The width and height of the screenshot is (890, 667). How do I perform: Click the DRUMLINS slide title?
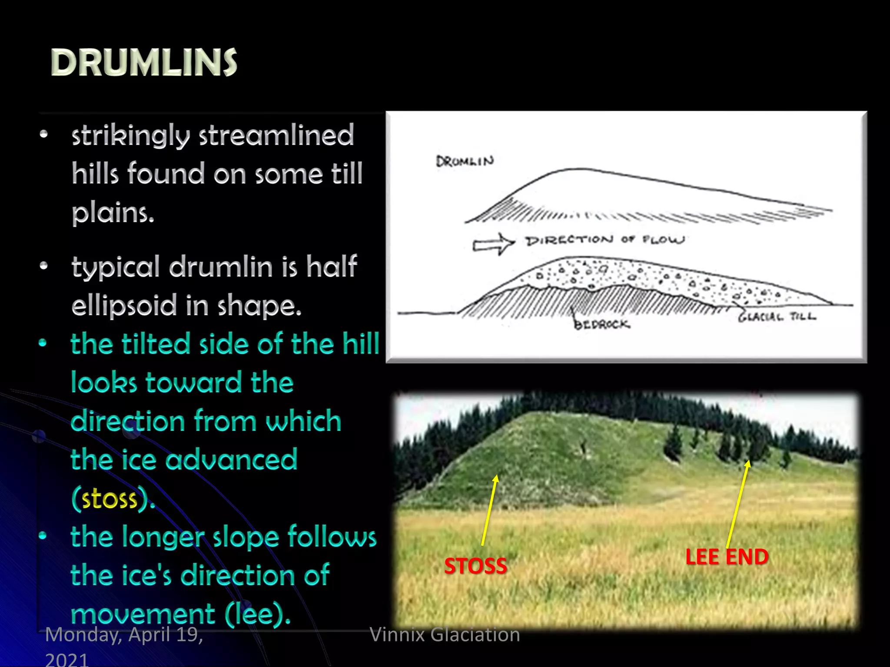pyautogui.click(x=144, y=63)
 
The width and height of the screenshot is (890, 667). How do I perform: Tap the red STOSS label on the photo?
pyautogui.click(x=475, y=566)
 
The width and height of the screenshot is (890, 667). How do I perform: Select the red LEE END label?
pyautogui.click(x=727, y=557)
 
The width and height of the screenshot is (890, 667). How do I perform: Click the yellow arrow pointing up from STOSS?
pyautogui.click(x=489, y=510)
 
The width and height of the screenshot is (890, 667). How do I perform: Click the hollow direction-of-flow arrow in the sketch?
pyautogui.click(x=494, y=244)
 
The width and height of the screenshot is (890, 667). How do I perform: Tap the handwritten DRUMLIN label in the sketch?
pyautogui.click(x=465, y=162)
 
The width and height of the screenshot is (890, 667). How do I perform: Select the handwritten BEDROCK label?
pyautogui.click(x=601, y=324)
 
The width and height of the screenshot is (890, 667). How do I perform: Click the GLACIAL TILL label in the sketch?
pyautogui.click(x=777, y=317)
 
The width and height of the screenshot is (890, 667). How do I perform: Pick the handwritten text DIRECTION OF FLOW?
pyautogui.click(x=605, y=240)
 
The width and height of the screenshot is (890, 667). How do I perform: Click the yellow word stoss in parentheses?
pyautogui.click(x=110, y=499)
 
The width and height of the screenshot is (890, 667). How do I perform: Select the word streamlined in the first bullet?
pyautogui.click(x=276, y=135)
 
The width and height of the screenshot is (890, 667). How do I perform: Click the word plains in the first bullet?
pyautogui.click(x=113, y=213)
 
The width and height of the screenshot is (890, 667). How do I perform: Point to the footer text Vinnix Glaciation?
pyautogui.click(x=445, y=634)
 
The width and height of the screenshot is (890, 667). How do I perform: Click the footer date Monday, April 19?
pyautogui.click(x=124, y=635)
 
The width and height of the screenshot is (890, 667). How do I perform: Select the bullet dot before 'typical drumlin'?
pyautogui.click(x=43, y=266)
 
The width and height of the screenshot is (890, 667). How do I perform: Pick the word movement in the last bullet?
pyautogui.click(x=143, y=614)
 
